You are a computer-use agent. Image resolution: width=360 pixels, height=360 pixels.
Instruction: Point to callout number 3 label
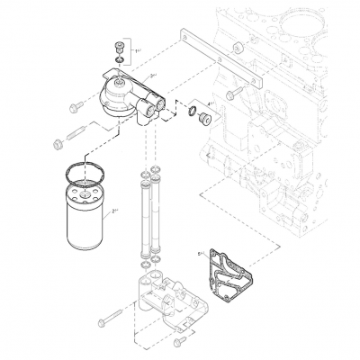coord(155,76)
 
